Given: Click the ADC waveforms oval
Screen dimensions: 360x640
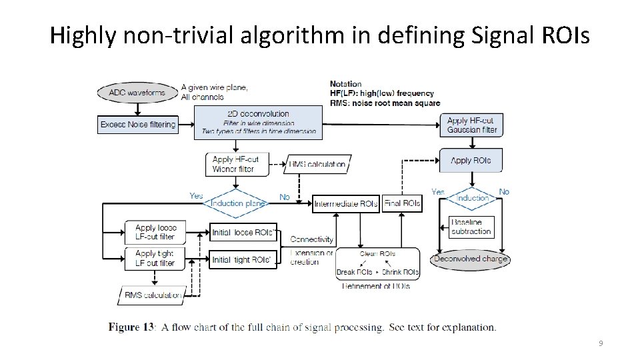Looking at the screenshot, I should point(137,93).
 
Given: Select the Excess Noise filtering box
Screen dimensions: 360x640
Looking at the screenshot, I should point(138,125).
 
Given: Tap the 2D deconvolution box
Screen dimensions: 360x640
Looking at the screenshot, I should point(258,123).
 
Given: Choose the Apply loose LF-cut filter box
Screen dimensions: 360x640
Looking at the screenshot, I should point(155,232).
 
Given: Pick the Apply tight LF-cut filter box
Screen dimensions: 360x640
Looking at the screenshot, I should point(155,258).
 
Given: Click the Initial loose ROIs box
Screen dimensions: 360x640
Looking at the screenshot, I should point(243,232).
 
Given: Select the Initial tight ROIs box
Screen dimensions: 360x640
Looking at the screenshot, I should point(243,259).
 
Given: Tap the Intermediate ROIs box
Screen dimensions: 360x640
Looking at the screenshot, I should point(346,203).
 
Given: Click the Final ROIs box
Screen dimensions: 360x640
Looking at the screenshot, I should point(402,203).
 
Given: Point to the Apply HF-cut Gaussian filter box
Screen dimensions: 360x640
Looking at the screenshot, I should point(471,125).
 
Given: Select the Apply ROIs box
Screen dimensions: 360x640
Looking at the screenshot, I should point(471,161).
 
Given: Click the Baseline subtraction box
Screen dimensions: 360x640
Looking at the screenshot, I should point(471,227).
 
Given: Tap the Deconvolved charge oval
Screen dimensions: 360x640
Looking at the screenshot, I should point(470,259).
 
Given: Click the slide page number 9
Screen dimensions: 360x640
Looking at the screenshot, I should point(601,343).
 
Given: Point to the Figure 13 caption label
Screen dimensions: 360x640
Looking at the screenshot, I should point(132,327).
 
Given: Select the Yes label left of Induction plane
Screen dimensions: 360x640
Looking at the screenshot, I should point(196,196).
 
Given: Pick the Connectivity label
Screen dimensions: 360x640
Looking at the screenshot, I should point(312,239).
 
